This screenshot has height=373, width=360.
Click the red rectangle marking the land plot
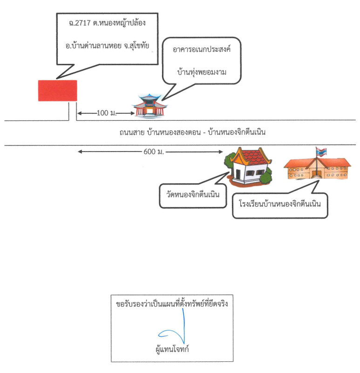[57, 90]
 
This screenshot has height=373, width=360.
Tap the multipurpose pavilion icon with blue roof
[148, 106]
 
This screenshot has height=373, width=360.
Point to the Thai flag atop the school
[321, 152]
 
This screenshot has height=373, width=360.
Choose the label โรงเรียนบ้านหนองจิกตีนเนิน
[280, 204]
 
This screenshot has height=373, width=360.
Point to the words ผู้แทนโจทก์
[172, 349]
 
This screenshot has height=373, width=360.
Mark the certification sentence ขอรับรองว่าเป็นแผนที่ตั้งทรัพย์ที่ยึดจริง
[172, 304]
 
